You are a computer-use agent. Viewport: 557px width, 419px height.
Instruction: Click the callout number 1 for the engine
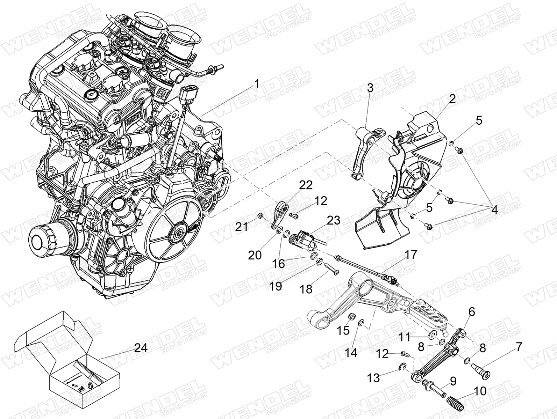pos(257,84)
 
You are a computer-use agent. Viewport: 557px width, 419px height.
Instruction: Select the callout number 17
pos(410,255)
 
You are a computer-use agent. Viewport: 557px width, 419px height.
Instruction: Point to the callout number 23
pos(334,220)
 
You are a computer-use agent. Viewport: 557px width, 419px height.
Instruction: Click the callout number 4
pos(494,210)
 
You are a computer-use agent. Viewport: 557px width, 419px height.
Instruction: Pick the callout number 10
pos(480,391)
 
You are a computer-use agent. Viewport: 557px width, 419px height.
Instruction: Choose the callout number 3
pos(370,88)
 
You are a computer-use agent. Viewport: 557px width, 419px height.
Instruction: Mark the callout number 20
pos(255,255)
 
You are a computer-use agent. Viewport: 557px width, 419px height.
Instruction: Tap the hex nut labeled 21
pos(259,216)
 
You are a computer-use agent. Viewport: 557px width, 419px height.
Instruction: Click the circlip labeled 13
pos(401,366)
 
